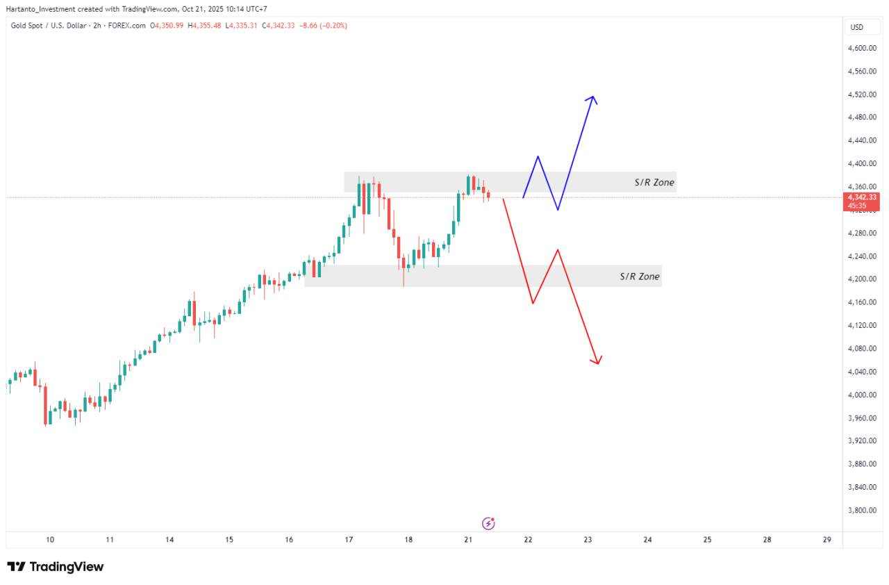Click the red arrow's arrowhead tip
pyautogui.click(x=597, y=363)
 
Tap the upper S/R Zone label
pyautogui.click(x=654, y=183)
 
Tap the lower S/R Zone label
pyautogui.click(x=639, y=277)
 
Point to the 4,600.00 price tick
pyautogui.click(x=861, y=48)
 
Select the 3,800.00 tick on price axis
pyautogui.click(x=861, y=510)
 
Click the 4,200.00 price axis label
pyautogui.click(x=861, y=279)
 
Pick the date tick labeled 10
pyautogui.click(x=50, y=540)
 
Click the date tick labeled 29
pyautogui.click(x=826, y=540)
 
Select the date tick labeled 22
pyautogui.click(x=528, y=540)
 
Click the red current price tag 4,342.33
pyautogui.click(x=861, y=198)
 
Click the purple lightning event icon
pyautogui.click(x=488, y=523)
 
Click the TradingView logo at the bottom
pyautogui.click(x=56, y=567)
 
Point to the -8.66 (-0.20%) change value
pyautogui.click(x=323, y=26)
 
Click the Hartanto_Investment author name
pyautogui.click(x=40, y=9)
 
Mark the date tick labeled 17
pyautogui.click(x=349, y=540)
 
